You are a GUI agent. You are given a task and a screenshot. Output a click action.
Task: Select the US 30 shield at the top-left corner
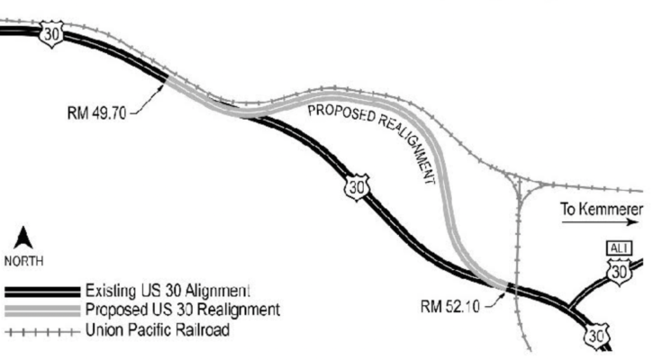52,33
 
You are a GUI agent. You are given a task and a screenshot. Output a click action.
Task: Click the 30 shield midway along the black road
358,187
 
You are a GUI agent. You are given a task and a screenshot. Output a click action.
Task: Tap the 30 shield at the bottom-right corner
595,336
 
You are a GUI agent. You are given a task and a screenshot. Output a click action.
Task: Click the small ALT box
617,248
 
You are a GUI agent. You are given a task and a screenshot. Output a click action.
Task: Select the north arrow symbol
24,238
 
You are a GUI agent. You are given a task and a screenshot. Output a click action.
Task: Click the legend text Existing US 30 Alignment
167,291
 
